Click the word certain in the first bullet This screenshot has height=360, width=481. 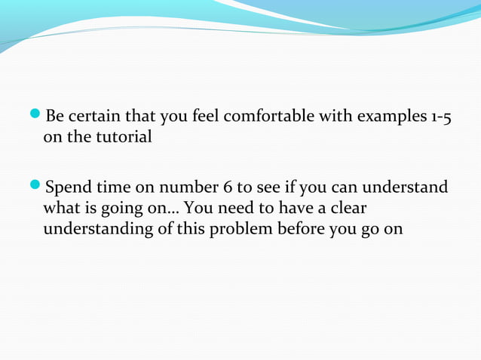[96, 117]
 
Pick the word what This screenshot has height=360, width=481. [61, 208]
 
